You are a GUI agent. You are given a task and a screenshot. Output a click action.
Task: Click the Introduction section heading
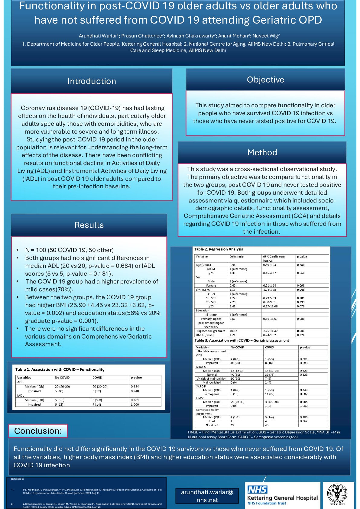tap(92, 81)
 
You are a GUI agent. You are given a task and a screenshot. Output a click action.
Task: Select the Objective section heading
tap(265, 79)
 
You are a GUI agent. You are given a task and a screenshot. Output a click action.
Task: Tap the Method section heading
tap(262, 152)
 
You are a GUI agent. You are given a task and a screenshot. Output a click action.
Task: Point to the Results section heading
tap(89, 225)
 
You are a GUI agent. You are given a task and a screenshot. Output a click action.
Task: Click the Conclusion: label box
tap(38, 431)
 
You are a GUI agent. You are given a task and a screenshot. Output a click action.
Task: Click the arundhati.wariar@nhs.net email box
tap(207, 496)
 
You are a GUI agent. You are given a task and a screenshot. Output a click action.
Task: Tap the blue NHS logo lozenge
tap(258, 489)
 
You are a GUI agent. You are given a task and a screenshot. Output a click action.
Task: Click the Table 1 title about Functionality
tap(60, 369)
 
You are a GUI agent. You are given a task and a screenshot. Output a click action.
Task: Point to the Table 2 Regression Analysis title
tap(218, 249)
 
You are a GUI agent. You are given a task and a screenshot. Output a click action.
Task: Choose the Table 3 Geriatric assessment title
tap(242, 340)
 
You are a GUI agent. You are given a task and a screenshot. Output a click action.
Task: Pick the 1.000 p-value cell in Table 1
tap(135, 404)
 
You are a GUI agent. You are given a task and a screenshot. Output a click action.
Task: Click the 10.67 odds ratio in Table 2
tap(233, 331)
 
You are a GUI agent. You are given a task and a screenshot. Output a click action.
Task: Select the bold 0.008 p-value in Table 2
tap(300, 290)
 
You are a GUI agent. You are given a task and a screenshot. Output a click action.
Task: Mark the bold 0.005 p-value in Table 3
tap(303, 402)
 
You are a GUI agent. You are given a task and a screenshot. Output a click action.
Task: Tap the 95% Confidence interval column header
tap(274, 258)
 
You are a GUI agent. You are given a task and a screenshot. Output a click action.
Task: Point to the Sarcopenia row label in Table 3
tap(212, 394)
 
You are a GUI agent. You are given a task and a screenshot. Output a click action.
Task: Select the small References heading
tap(18, 479)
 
